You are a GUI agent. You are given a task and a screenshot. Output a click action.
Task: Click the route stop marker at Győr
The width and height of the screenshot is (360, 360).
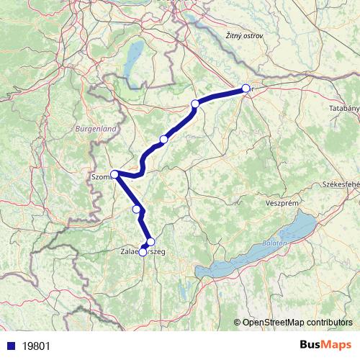tap(246, 89)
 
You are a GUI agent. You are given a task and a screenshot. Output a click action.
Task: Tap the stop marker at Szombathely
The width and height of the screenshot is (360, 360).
tap(114, 174)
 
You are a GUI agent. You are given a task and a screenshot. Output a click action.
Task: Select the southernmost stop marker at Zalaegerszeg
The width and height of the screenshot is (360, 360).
tap(143, 252)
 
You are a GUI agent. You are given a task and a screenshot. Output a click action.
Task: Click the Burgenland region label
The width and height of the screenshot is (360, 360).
tap(95, 128)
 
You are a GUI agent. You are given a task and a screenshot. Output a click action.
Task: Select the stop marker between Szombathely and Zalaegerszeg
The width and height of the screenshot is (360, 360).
tap(137, 209)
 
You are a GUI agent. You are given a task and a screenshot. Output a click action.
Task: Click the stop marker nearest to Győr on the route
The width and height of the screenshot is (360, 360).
tap(194, 104)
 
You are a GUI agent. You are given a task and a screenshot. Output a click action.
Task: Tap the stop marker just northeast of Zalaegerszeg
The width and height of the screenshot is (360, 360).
tap(150, 242)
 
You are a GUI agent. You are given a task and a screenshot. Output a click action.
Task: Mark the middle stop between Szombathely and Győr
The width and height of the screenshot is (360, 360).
tap(164, 139)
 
